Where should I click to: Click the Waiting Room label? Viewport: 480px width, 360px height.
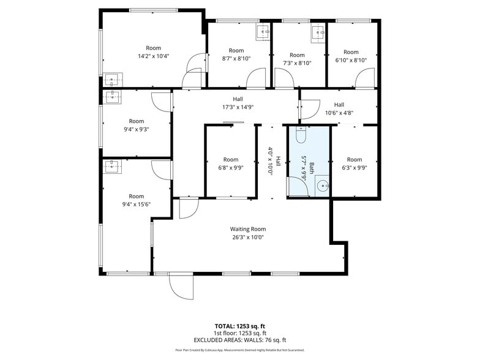click(248, 229)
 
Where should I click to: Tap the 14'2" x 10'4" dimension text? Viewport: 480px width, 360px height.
click(153, 56)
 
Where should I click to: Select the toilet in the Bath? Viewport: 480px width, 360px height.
click(301, 135)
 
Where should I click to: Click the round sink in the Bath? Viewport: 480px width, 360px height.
click(323, 186)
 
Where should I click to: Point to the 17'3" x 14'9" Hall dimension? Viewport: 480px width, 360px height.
click(238, 107)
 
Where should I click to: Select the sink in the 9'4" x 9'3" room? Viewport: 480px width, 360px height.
click(112, 97)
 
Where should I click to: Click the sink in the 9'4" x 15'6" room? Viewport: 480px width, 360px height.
click(112, 167)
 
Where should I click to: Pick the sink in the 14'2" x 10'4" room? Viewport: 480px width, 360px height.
click(113, 80)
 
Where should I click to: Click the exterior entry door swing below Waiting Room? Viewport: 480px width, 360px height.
click(181, 287)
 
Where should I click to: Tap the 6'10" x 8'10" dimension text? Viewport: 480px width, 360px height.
click(351, 60)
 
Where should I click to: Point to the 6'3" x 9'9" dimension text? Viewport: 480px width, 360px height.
click(354, 168)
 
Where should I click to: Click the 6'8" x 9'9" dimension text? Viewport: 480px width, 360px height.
click(230, 168)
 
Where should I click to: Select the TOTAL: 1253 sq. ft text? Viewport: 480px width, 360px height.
click(240, 326)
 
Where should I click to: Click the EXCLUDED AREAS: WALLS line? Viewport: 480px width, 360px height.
click(240, 340)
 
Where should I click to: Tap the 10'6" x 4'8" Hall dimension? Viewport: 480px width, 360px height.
click(339, 113)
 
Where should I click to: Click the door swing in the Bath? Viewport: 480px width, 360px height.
click(298, 186)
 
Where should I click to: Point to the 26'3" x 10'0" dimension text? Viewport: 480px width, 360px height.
click(248, 238)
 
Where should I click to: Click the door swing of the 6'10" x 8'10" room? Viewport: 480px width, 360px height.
click(365, 78)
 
